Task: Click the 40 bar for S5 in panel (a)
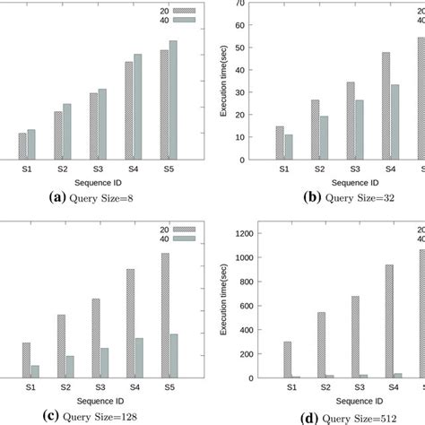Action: point(173,100)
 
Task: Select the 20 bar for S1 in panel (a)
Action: point(22,146)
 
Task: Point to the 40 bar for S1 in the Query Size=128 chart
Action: point(35,371)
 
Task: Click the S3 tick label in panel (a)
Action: point(95,169)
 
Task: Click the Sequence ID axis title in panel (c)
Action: point(99,399)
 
